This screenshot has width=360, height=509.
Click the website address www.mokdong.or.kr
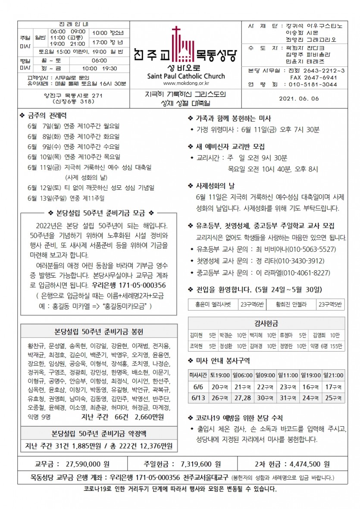(x=186, y=84)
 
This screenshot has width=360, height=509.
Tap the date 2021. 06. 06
(x=299, y=99)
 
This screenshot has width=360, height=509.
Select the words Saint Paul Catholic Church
(x=186, y=76)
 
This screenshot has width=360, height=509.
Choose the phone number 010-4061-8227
(x=301, y=272)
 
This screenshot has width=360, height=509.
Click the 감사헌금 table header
(x=266, y=323)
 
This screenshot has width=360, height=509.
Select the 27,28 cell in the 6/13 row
(x=243, y=397)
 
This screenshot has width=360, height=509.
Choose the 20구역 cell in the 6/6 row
(x=220, y=387)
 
